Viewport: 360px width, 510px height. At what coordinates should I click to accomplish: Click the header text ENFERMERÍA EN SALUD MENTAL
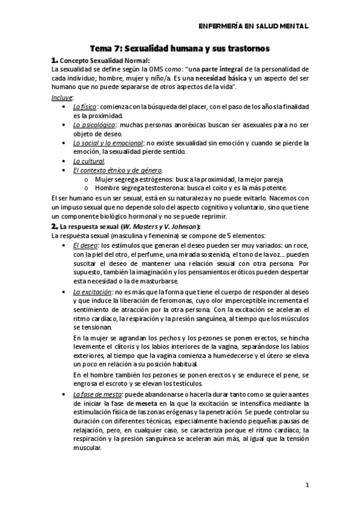253,26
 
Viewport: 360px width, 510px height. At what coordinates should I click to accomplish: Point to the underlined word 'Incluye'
63,97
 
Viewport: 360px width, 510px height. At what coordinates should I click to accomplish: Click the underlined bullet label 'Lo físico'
85,106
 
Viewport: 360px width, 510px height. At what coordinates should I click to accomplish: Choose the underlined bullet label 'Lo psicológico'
94,124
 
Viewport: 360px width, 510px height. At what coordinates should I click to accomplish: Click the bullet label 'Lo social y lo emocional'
108,143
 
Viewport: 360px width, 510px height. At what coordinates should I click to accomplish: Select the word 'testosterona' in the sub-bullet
150,189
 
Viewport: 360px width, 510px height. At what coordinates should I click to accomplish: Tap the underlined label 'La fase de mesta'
97,394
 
